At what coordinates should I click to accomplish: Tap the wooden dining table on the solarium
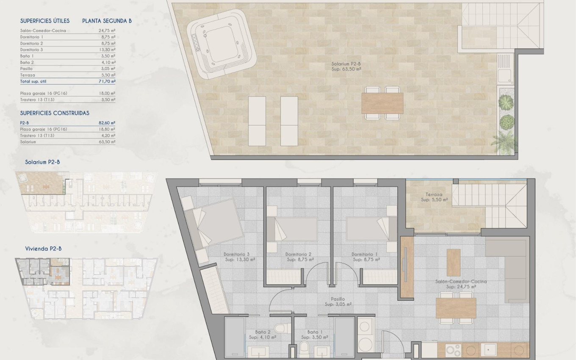point(382,103)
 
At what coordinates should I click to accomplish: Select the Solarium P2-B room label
point(346,65)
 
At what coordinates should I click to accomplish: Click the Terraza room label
point(434,197)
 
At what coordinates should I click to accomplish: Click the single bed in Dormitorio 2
point(292,229)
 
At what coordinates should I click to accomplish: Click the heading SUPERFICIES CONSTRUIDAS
point(55,113)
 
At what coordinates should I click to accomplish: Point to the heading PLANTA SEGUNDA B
point(107,21)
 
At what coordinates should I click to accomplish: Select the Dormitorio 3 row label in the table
point(31,50)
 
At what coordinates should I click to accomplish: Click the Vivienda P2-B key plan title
point(43,249)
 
